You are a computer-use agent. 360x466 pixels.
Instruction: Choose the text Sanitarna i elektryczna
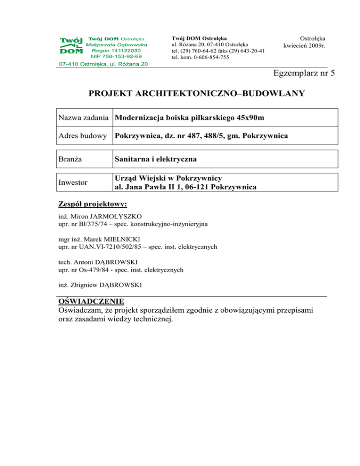click(155, 159)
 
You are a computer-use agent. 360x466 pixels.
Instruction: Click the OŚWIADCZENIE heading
click(91, 301)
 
